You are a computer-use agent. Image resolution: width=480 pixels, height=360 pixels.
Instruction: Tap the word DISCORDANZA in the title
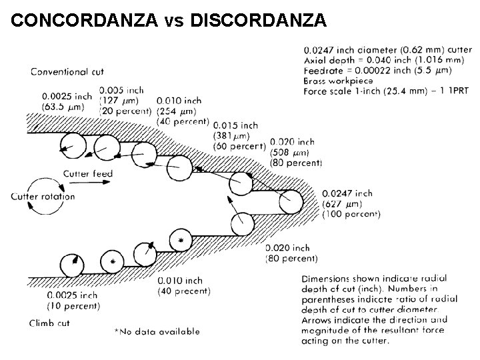coord(259,21)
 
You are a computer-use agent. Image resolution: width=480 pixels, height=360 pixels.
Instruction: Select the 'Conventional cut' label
coord(67,71)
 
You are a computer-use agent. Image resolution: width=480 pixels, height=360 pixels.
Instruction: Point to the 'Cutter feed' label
coord(88,175)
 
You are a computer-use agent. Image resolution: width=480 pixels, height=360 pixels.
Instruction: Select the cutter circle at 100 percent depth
coord(291,201)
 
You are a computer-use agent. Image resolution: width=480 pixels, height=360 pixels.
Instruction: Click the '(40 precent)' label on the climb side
coord(184,291)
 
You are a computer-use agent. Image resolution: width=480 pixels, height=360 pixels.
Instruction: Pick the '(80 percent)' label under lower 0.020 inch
coord(292,258)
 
